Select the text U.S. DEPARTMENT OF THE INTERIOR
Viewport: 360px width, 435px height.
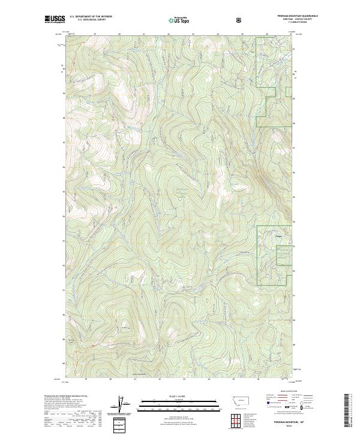(91, 17)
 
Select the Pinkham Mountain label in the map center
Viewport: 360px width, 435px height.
(180, 191)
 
